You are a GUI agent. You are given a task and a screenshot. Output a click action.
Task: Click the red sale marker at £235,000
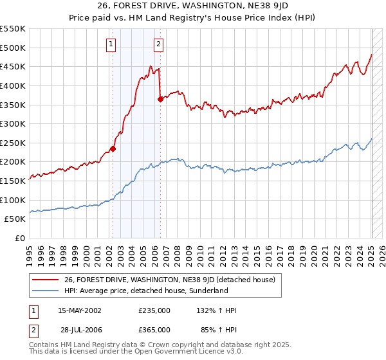coord(113,148)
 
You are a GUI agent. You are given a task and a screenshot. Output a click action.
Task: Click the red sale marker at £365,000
coord(160,99)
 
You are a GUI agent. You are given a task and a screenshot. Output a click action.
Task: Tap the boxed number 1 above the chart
coord(111,44)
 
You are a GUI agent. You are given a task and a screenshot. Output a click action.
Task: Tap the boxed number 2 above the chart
coord(158,44)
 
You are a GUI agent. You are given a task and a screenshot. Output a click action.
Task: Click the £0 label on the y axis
coord(21,239)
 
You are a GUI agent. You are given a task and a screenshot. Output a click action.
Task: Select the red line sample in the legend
coord(45,280)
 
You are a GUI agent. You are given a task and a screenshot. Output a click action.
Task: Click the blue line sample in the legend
coord(45,291)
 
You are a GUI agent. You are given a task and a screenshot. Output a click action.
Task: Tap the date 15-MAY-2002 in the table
coord(80,310)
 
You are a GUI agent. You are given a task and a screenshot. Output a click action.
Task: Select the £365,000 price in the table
coord(154,329)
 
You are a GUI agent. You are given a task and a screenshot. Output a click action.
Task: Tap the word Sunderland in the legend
coord(226,291)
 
